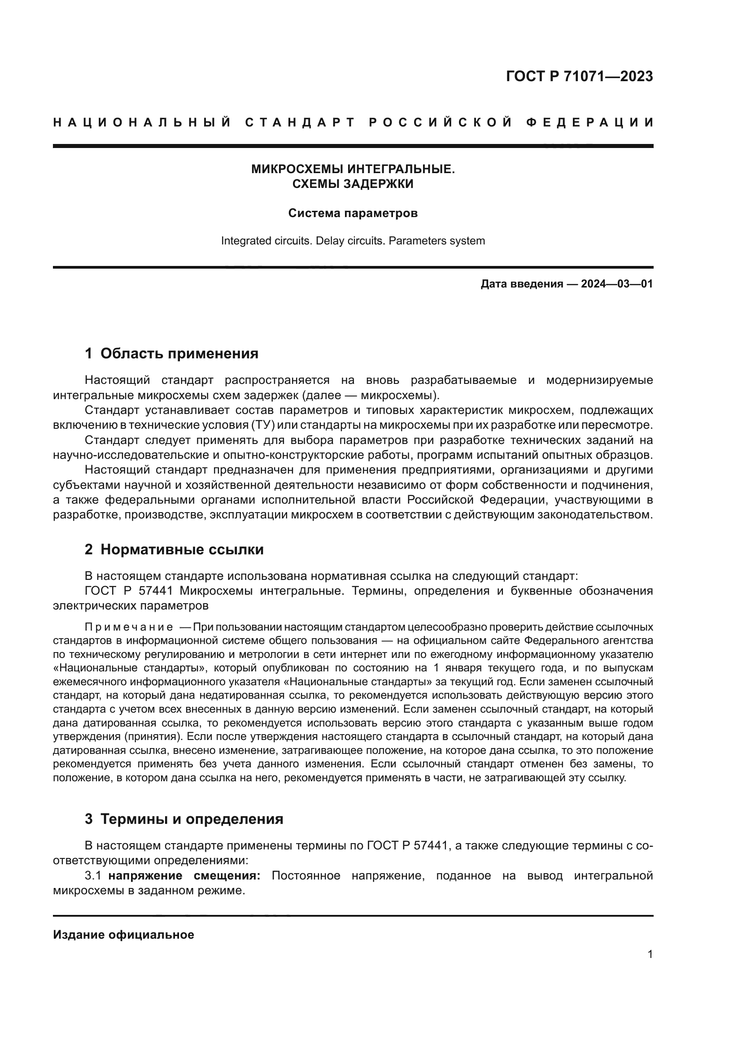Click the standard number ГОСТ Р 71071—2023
coord(579,76)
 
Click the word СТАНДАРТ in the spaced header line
coord(300,122)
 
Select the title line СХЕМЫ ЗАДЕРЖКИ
coord(353,184)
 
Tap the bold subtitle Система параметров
coord(353,213)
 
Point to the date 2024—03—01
coord(617,284)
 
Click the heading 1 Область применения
coord(171,353)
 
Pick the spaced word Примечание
coord(129,627)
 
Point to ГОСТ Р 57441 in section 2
coord(128,591)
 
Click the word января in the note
coord(461,668)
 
